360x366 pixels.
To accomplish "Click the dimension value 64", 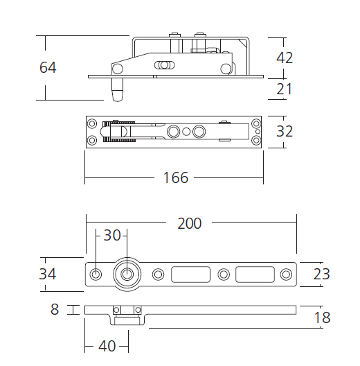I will pos(48,68).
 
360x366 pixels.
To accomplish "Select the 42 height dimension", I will pos(285,58).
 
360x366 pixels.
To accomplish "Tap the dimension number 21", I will pos(285,89).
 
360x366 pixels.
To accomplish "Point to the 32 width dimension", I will pos(285,132).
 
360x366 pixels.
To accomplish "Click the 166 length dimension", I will pos(175,178).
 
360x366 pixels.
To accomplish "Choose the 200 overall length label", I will pos(189,223).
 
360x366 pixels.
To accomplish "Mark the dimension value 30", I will pos(112,235).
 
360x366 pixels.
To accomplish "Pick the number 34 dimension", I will pos(48,274).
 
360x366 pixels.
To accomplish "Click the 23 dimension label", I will pos(321,274).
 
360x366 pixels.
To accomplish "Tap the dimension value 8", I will pos(55,310).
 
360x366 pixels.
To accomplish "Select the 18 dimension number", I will pos(321,318).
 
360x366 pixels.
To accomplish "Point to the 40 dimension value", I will pos(107,346).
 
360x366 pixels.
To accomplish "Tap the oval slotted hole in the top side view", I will pos(164,66).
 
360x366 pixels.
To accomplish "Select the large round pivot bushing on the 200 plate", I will pos(127,274).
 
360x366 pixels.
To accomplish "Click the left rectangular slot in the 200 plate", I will pos(190,274).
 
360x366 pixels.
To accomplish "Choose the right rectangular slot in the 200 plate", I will pos(255,274).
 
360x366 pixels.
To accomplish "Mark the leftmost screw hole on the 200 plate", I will pos(96,274).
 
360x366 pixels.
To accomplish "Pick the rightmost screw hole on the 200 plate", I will pos(285,274).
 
